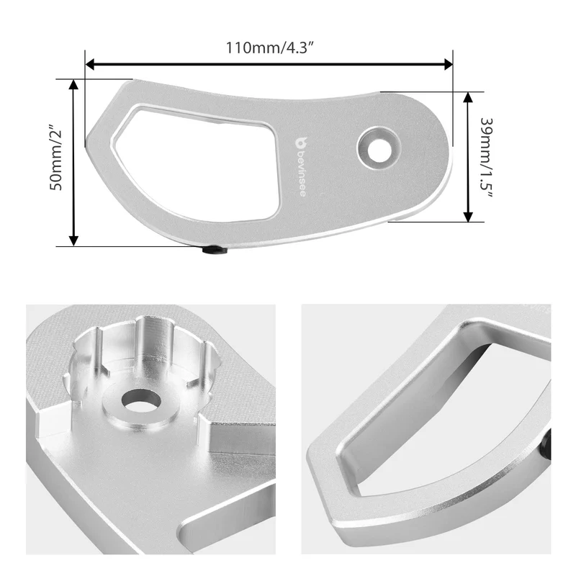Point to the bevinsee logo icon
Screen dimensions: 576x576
301,143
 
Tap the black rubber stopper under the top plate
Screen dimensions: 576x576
215,251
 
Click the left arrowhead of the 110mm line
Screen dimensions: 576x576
90,64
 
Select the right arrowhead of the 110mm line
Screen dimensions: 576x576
448,64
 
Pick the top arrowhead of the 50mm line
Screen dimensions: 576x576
73,84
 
